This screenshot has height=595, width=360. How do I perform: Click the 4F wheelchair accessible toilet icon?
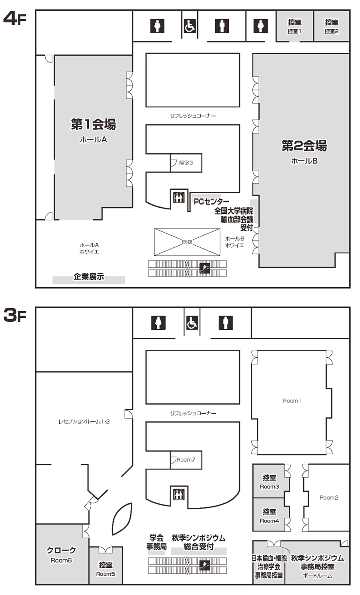pos(190,26)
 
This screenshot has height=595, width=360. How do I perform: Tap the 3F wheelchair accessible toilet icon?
pos(192,323)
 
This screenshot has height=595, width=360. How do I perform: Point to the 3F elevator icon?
pos(179,494)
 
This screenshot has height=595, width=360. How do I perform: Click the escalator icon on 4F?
pos(204,268)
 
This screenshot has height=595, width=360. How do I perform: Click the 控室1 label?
pos(294,31)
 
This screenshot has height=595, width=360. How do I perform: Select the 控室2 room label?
pos(331,31)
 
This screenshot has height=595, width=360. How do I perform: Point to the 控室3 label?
pos(186,163)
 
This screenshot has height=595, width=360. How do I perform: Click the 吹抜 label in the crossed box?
pos(187,242)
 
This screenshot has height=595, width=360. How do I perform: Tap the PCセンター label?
pos(211,202)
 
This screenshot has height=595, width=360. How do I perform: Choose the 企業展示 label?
pos(89,277)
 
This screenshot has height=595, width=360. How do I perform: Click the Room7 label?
pos(186,460)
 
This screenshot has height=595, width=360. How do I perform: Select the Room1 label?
pos(292,401)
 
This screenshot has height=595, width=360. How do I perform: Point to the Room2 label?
pos(329,497)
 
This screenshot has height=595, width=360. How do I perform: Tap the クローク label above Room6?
pos(61,550)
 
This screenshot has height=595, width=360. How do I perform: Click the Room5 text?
pos(106,574)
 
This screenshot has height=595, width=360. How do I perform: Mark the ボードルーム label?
pos(317,576)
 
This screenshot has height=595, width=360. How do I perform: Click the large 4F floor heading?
pos(15,18)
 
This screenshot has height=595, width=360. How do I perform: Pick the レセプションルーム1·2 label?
pos(84,422)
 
